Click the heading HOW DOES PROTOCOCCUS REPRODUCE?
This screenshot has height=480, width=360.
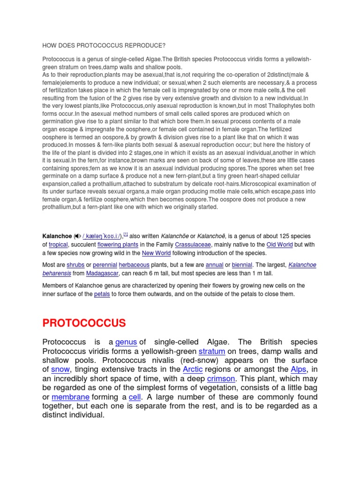tap(104, 45)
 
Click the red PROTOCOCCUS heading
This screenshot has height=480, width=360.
tap(84, 323)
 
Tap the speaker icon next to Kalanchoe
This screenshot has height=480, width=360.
tap(77, 236)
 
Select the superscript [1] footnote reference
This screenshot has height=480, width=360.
tap(125, 234)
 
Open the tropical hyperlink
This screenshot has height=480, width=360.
tap(58, 245)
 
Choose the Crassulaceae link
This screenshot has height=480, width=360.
tap(193, 245)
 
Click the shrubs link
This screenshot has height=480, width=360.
tap(75, 265)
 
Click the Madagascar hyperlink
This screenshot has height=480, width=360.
tap(103, 273)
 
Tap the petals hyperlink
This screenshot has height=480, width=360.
tap(102, 294)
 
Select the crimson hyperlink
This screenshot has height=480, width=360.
tap(222, 378)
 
